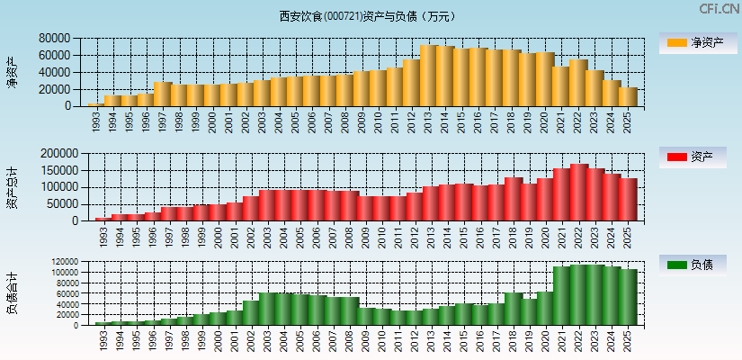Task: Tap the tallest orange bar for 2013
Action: coord(429,76)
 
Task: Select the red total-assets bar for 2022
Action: coord(578,192)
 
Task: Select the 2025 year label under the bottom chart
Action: coord(628,339)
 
